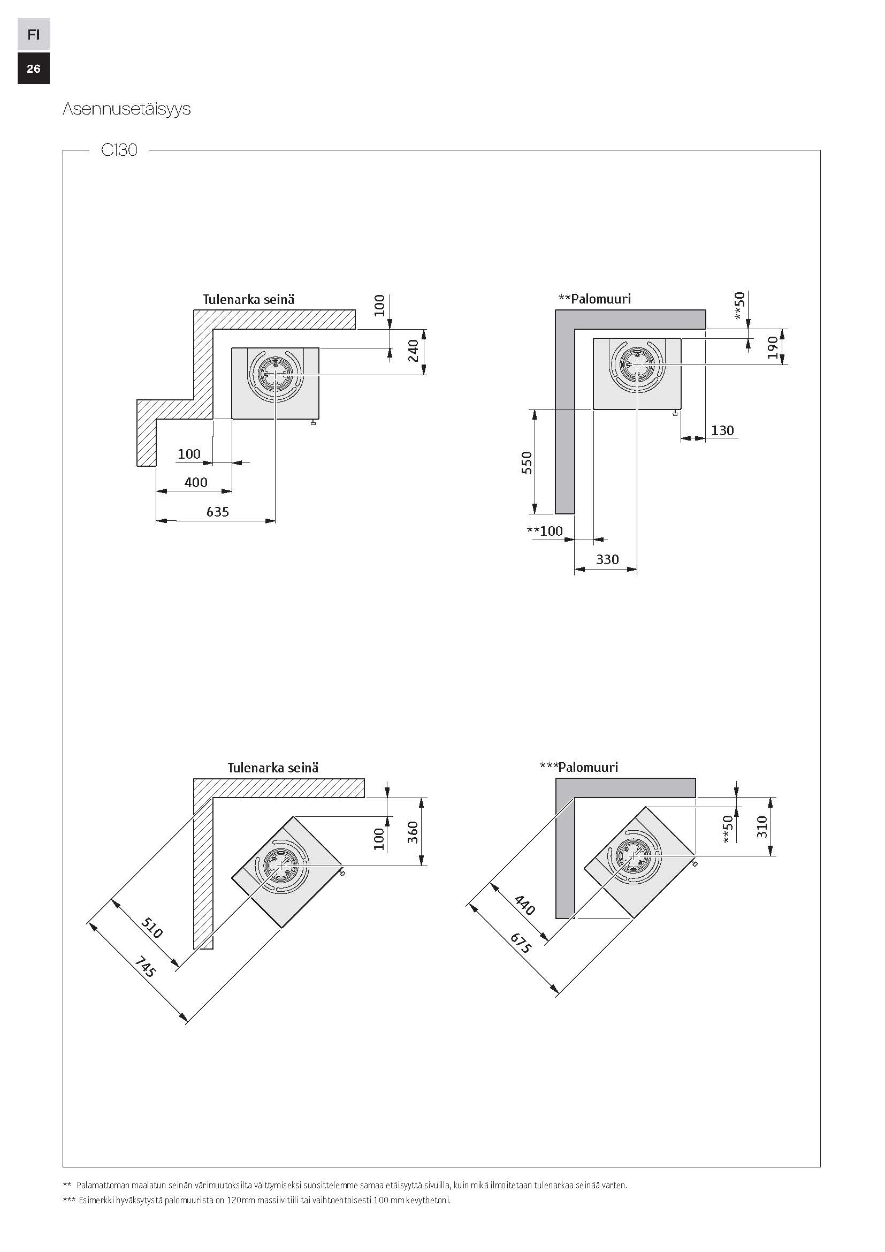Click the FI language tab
pos(33,34)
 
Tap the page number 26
pos(33,68)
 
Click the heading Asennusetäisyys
pos(126,109)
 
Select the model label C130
pos(119,150)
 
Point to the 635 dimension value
pos(217,512)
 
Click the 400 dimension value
pos(196,482)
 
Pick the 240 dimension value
pos(414,350)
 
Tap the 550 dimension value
pos(527,462)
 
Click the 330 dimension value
pos(607,559)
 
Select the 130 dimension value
pos(722,430)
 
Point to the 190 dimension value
pos(772,347)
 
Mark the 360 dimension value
pos(413,832)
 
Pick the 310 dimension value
pos(762,826)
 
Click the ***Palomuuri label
pos(579,767)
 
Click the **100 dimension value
pos(544,530)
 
